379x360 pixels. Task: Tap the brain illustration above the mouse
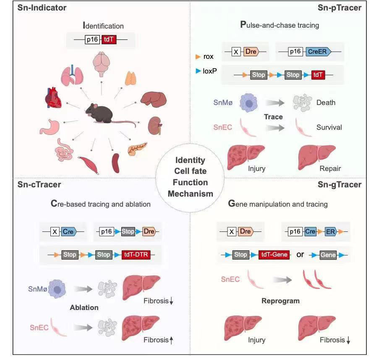[x=101, y=64]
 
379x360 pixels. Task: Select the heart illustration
[x=55, y=98]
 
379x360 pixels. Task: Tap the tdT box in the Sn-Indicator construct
[x=109, y=40]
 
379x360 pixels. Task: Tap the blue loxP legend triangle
[x=198, y=71]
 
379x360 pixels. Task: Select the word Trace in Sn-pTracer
[x=273, y=117]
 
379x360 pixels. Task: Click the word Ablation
[x=84, y=307]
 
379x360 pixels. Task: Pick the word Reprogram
[x=280, y=301]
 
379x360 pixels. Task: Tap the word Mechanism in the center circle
[x=191, y=194]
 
